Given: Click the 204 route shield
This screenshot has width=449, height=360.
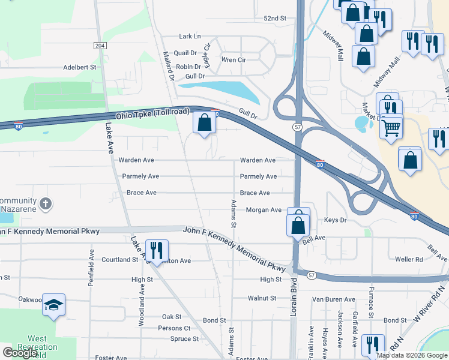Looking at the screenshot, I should pyautogui.click(x=100, y=46).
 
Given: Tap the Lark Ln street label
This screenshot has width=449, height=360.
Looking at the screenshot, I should pyautogui.click(x=190, y=37).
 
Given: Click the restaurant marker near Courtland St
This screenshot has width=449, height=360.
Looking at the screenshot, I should pyautogui.click(x=156, y=250).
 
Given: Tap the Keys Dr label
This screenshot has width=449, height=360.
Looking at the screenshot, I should pyautogui.click(x=335, y=220).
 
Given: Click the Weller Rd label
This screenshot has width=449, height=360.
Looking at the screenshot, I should pyautogui.click(x=409, y=259).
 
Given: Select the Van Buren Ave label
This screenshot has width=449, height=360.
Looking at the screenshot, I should pyautogui.click(x=334, y=299).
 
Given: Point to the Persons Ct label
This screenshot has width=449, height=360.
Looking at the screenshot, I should pyautogui.click(x=174, y=328).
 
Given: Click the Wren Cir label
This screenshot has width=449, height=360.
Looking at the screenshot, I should pyautogui.click(x=234, y=60).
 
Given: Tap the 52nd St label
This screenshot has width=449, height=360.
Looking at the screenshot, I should pyautogui.click(x=275, y=19).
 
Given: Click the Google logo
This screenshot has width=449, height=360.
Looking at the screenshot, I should pyautogui.click(x=20, y=353).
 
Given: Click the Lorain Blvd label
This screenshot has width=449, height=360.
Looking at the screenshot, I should pyautogui.click(x=294, y=288).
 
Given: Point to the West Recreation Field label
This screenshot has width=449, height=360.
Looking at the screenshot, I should pyautogui.click(x=41, y=347).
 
